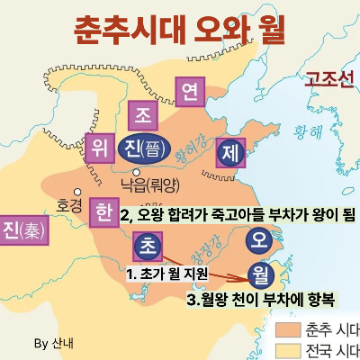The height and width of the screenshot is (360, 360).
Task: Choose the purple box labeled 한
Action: click(103, 213)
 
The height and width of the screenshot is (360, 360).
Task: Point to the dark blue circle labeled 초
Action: click(146, 246)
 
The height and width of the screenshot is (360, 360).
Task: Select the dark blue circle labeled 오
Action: click(258, 239)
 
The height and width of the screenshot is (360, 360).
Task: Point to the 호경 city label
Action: click(68, 203)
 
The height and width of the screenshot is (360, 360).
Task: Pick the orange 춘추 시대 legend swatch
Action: click(287, 328)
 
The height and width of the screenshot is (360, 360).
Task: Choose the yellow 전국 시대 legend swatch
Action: click(287, 349)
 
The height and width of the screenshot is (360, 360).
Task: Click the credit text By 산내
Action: click(53, 343)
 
